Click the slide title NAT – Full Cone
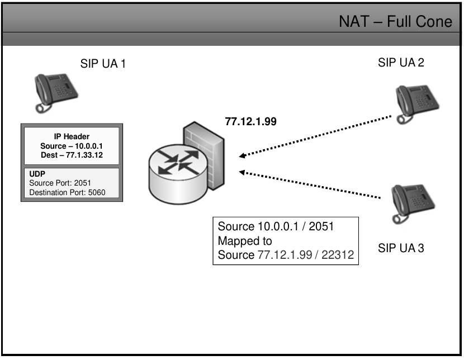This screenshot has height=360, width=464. (x=395, y=22)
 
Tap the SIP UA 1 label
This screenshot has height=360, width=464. (x=103, y=64)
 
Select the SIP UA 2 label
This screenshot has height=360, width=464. (x=401, y=63)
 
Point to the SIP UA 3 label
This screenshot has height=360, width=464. (x=401, y=248)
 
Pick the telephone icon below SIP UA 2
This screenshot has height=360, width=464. (x=416, y=103)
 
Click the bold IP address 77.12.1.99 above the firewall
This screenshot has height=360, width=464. (x=250, y=121)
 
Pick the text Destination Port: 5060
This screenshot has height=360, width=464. (x=67, y=192)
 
